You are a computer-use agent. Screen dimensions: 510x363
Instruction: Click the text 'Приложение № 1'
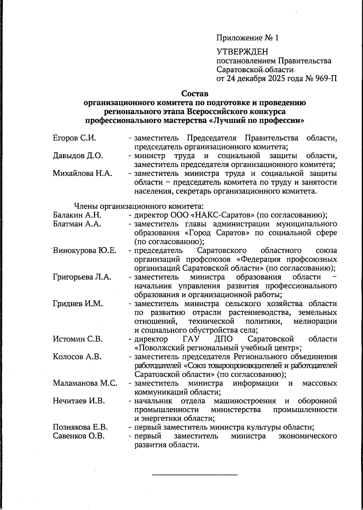coord(247,38)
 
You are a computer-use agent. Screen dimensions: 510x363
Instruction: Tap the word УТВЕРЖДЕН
coord(242,52)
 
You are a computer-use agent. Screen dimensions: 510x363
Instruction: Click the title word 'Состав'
coord(195,94)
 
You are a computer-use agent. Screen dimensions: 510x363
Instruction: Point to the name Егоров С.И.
coord(74,138)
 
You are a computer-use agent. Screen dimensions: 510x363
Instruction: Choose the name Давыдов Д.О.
coord(78,156)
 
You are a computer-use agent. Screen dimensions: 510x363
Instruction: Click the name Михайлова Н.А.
coord(83,174)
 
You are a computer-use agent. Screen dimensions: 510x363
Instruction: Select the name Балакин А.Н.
coord(77,215)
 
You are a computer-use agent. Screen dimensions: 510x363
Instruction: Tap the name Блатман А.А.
coord(77,224)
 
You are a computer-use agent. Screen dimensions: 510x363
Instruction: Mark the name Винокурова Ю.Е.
coord(85,250)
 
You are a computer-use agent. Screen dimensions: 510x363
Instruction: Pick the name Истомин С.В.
coord(78,339)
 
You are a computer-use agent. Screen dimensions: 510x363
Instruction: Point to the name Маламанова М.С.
coord(85,383)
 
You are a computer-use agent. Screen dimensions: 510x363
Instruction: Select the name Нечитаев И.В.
coord(79,401)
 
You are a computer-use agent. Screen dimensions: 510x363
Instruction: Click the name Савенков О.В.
coord(79,436)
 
